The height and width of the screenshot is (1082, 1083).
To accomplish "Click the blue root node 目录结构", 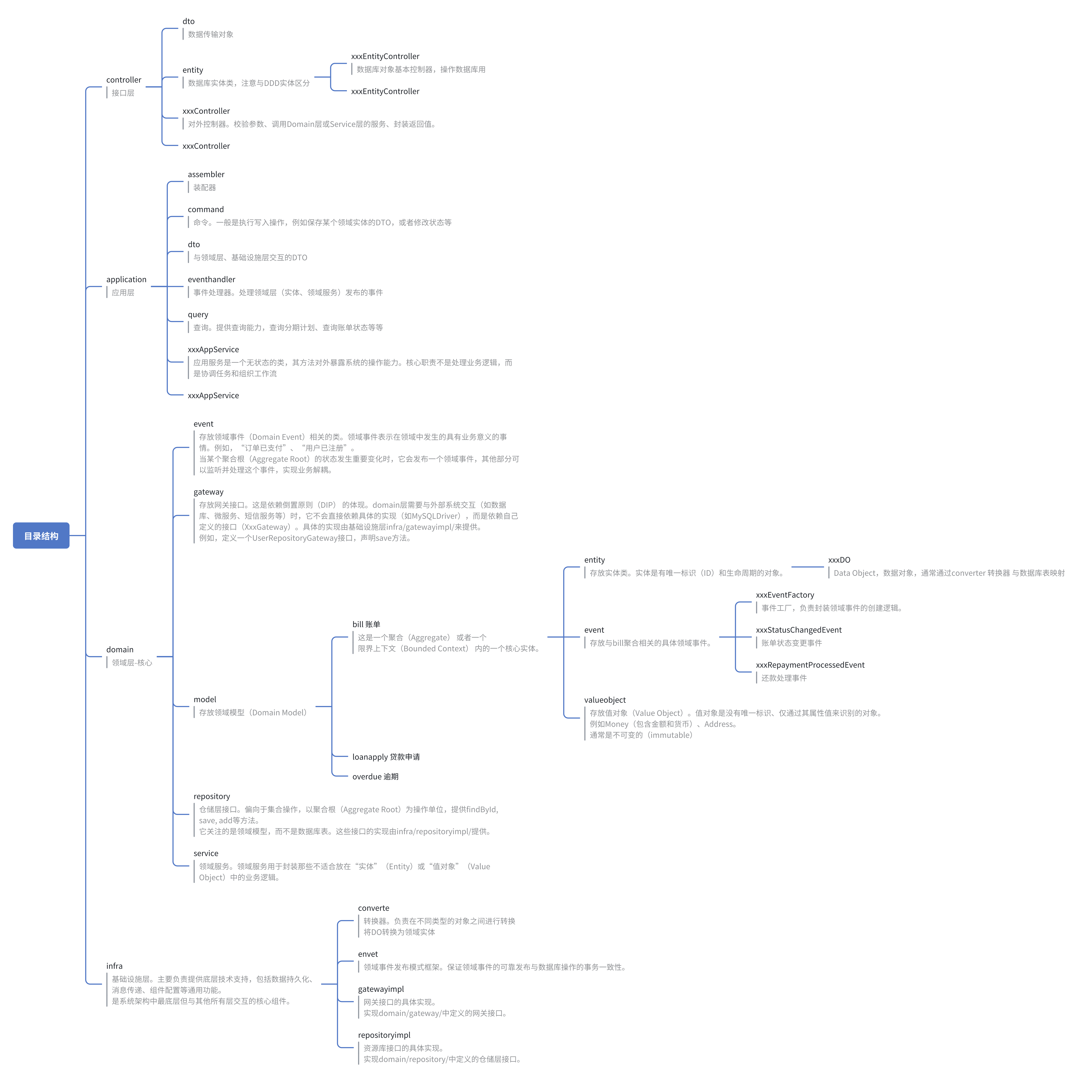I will click(41, 535).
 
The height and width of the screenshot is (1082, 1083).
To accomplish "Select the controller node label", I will click(124, 80).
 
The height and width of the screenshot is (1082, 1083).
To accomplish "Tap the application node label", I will click(126, 279).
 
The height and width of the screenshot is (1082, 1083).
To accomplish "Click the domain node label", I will click(120, 649).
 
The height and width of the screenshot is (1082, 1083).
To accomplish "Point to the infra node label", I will click(114, 965).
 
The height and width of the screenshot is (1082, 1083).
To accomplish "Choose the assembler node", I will click(206, 174).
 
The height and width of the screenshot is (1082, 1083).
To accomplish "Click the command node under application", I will click(206, 209).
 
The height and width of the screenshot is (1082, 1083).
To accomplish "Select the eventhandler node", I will click(211, 279).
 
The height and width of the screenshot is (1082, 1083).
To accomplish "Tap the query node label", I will click(198, 315).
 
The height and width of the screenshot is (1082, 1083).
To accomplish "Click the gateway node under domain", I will click(209, 492).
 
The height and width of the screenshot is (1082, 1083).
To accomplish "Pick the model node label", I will click(205, 699).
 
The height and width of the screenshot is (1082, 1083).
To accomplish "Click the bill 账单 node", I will click(366, 624).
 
